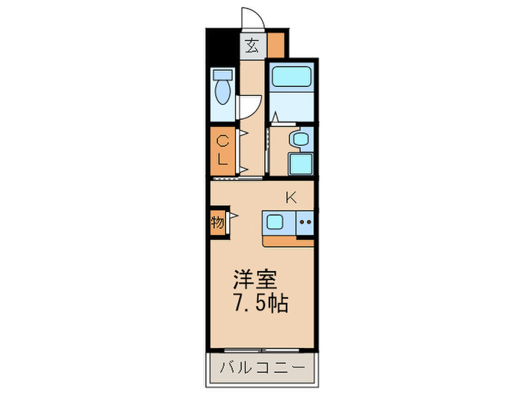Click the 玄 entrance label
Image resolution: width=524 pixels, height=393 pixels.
(252, 46)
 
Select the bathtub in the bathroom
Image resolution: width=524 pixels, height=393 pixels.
(290, 77)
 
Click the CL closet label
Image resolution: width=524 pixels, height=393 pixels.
(222, 150)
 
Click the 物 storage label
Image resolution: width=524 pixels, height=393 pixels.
(217, 222)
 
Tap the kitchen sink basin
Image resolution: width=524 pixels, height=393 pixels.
(275, 222)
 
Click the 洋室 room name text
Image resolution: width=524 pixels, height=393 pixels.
(255, 281)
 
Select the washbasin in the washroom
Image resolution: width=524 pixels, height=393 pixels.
(300, 138)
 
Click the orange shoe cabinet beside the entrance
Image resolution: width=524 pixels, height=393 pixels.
(276, 46)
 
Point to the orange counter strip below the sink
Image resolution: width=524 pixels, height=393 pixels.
(288, 240)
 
